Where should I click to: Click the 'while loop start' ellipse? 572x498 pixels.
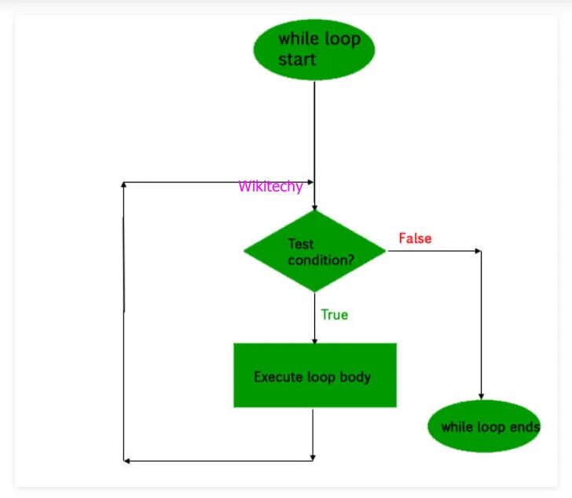tap(313, 49)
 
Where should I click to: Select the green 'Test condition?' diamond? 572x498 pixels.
tap(314, 252)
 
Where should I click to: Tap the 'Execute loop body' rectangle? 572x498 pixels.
tap(314, 375)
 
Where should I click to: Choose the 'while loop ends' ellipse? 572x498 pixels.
tap(484, 427)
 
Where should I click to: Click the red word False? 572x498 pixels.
tap(415, 238)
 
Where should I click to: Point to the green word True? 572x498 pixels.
tap(334, 315)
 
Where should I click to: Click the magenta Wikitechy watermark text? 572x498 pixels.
tap(270, 186)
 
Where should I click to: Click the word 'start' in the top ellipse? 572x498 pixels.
tap(297, 60)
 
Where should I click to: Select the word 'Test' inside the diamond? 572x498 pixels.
tap(301, 245)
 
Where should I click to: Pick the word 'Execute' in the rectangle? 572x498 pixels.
tap(275, 377)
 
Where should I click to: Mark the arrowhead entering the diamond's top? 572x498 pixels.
tap(314, 206)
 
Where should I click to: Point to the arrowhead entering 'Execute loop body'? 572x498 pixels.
tap(314, 340)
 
